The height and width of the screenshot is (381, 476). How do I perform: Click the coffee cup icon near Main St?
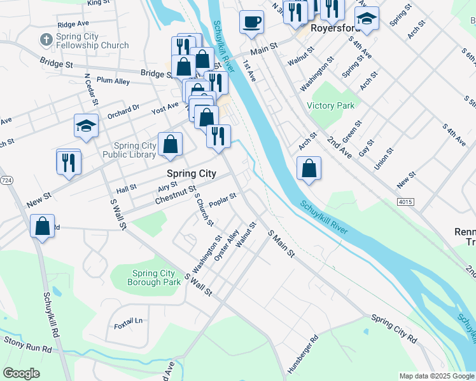click(x=251, y=22)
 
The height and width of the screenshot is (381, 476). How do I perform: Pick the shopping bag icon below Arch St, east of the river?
click(x=309, y=169)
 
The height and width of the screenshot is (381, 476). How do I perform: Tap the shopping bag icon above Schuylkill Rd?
click(x=41, y=227)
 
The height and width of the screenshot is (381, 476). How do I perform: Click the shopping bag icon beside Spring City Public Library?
click(x=171, y=144)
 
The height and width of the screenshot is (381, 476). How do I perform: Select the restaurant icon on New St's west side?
click(x=68, y=161)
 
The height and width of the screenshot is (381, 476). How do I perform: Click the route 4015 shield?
click(x=406, y=202)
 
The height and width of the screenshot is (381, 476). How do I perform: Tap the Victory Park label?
click(x=330, y=105)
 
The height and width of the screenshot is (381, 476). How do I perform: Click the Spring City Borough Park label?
click(x=153, y=277)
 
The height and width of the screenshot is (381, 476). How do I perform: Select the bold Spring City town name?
click(x=191, y=173)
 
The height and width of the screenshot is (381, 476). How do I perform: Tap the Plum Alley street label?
click(x=113, y=81)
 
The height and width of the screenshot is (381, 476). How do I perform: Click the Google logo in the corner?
click(x=22, y=373)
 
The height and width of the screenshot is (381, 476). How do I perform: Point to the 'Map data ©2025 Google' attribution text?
click(x=436, y=376)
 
